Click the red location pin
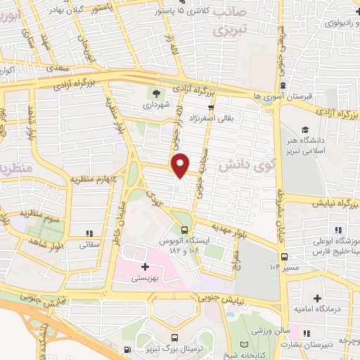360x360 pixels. coord(181,165)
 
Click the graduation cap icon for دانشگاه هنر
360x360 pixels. coord(306,129)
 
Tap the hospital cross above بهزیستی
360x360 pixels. coord(146,266)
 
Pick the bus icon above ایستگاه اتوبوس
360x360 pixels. coord(185,229)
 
